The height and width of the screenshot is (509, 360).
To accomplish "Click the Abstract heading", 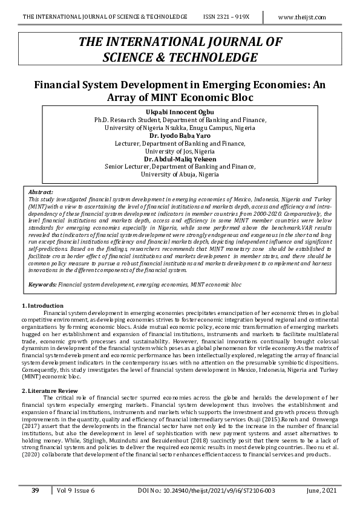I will tap(41, 191).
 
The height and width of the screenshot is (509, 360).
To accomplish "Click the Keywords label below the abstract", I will tap(42, 284).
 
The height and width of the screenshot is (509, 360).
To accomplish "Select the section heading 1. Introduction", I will tap(42, 305).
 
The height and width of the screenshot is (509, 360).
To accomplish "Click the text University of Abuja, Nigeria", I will tap(180, 174).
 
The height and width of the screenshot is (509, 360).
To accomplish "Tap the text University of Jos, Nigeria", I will tap(180, 151).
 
